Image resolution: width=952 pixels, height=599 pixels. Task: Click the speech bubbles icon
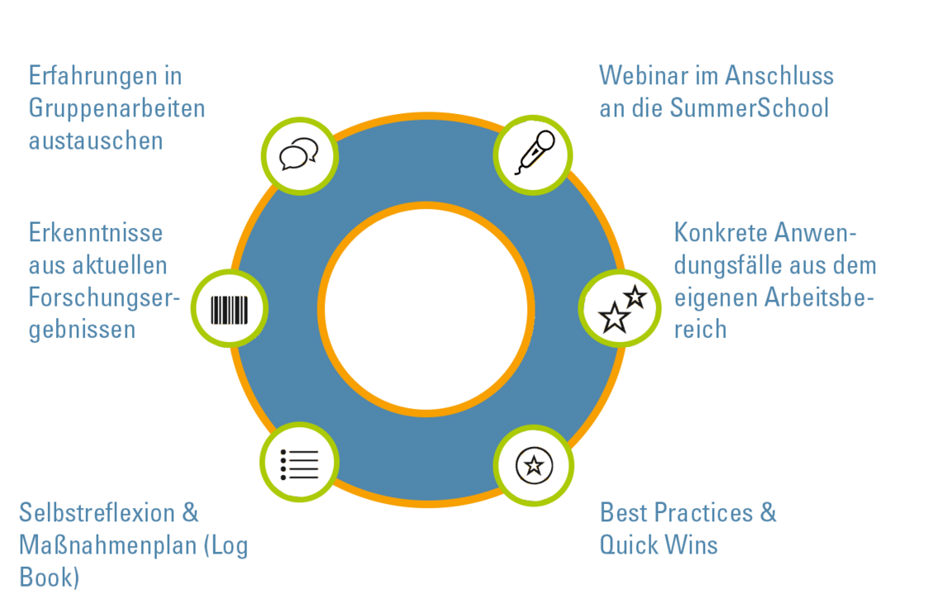[x=298, y=154]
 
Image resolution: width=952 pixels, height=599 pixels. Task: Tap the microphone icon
[x=535, y=152]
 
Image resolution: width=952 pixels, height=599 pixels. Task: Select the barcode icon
[x=230, y=310]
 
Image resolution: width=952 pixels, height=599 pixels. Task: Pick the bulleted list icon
[x=299, y=464]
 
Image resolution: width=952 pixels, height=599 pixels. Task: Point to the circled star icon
[x=535, y=465]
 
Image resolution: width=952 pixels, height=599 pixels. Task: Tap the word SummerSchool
[x=750, y=108]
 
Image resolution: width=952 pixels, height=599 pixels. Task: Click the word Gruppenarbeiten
[x=117, y=109]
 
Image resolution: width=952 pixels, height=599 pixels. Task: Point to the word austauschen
[x=96, y=140]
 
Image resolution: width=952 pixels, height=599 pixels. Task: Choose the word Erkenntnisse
[x=96, y=233]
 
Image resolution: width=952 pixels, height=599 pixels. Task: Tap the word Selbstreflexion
[x=98, y=513]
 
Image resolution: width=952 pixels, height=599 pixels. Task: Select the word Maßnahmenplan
[x=108, y=545]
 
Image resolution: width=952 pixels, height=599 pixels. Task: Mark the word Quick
[x=627, y=545]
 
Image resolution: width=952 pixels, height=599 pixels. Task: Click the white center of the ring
[x=426, y=310]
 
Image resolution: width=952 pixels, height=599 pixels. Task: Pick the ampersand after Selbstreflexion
[x=191, y=513]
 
